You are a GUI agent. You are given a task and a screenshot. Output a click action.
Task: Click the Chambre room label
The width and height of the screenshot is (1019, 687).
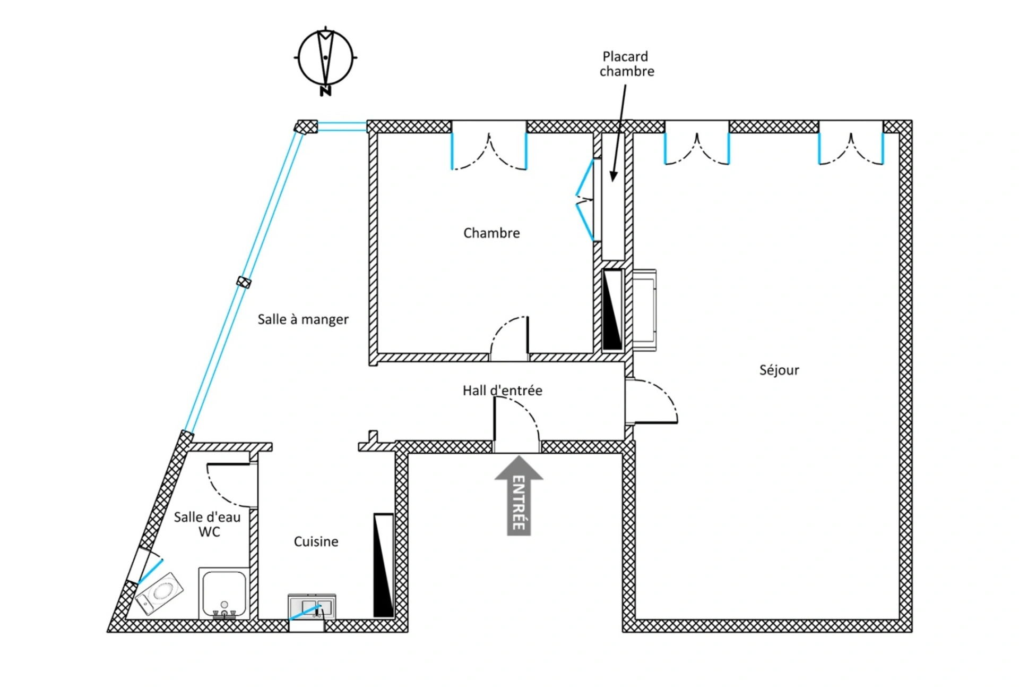point(491,233)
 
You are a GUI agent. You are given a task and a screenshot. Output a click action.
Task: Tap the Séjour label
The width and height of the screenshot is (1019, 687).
point(779,370)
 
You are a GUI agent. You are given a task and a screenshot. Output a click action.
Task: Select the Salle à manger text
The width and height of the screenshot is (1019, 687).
point(303,319)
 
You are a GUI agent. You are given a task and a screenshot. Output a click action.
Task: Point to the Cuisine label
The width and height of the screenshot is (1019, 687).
point(316,541)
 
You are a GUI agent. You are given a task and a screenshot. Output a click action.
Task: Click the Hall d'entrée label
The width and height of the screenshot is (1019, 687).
point(502,391)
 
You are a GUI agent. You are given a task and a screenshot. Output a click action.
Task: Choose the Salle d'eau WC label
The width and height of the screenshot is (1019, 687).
point(208,524)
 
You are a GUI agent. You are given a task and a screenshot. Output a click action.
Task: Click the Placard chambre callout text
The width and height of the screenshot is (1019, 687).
point(626,64)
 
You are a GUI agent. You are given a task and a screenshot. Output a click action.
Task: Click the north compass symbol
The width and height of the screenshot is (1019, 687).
point(325,57)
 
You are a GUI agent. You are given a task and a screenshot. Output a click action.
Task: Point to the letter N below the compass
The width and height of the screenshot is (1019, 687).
point(325,91)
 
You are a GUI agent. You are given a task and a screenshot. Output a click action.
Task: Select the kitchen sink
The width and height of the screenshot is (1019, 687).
point(312,607)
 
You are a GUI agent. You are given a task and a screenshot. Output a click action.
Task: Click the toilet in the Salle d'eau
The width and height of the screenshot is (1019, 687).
point(160,594)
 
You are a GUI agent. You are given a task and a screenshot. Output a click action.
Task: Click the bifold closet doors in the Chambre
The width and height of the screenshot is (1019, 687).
point(586,200)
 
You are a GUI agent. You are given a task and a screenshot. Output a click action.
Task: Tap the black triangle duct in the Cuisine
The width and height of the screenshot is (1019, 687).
point(383,565)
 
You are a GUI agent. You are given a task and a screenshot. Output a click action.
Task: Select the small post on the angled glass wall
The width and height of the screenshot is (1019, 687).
point(244,282)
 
